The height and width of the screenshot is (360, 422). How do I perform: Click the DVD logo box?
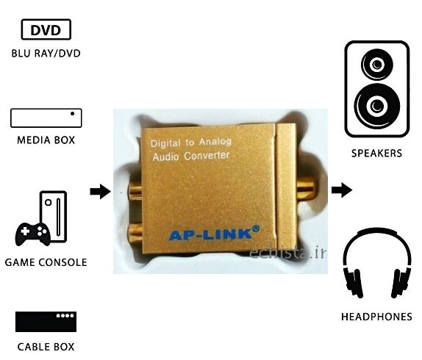pos(46,29)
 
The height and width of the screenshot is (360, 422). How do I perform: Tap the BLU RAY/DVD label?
pos(46,54)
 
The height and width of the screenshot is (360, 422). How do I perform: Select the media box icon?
pos(46,118)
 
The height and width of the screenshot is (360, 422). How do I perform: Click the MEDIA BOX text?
pos(46,140)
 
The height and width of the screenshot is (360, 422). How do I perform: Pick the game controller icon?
pos(33,234)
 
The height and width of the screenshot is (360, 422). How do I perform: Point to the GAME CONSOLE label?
pos(46,262)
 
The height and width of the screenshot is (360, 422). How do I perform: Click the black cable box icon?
pos(46,322)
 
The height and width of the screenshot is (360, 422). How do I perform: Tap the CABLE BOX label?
pos(46,347)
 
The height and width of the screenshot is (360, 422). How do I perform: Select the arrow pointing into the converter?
pos(101,192)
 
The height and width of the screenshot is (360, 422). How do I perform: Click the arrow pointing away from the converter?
pos(342,190)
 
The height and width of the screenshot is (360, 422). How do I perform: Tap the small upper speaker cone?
pos(376,65)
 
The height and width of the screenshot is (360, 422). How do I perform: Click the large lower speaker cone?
pos(376,107)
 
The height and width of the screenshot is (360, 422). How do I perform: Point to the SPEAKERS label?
pos(376,154)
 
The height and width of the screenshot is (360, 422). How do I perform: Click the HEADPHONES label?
pos(376,317)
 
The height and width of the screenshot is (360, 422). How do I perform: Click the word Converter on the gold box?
pos(207,156)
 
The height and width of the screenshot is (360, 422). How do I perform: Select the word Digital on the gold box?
pos(165,143)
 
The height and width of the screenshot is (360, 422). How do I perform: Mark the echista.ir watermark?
pos(288,253)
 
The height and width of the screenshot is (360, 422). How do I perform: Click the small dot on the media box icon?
pos(72,113)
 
